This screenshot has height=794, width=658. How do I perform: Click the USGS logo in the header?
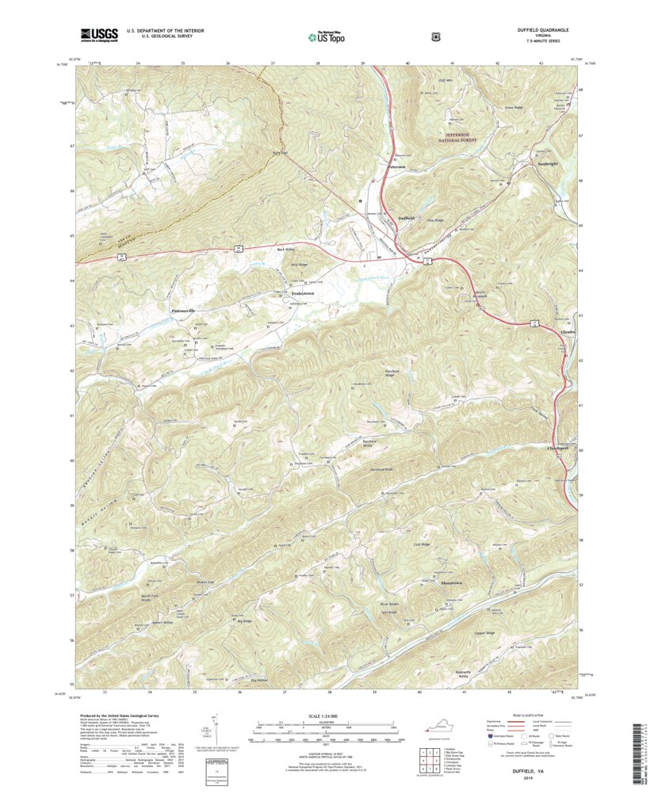pyautogui.click(x=98, y=34)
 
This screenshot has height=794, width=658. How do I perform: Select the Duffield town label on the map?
pyautogui.click(x=406, y=217)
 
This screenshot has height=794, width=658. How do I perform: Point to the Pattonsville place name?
pyautogui.click(x=180, y=311)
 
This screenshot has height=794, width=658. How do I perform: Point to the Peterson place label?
pyautogui.click(x=396, y=166)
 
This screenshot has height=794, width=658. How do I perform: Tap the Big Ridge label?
pyautogui.click(x=245, y=622)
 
